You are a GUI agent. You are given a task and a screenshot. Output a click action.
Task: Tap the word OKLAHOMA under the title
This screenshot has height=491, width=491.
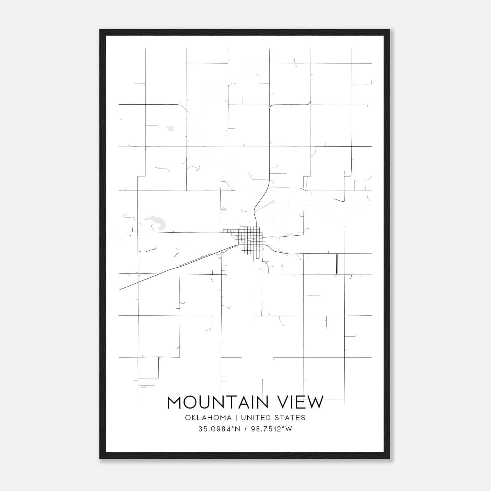tap(208, 418)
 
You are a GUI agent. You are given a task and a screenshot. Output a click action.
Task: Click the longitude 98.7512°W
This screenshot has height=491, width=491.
tap(272, 429)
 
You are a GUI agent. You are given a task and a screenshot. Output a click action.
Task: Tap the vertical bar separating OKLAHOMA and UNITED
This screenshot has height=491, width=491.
tap(236, 418)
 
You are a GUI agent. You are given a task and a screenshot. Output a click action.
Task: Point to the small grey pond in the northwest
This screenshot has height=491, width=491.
tap(169, 128)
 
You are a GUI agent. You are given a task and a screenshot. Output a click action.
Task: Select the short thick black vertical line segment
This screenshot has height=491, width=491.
tap(337, 264)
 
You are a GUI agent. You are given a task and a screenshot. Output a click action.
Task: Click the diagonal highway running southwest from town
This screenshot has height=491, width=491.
tap(172, 269)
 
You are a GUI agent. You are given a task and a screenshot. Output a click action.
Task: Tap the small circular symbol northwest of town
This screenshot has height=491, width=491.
tap(224, 209)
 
